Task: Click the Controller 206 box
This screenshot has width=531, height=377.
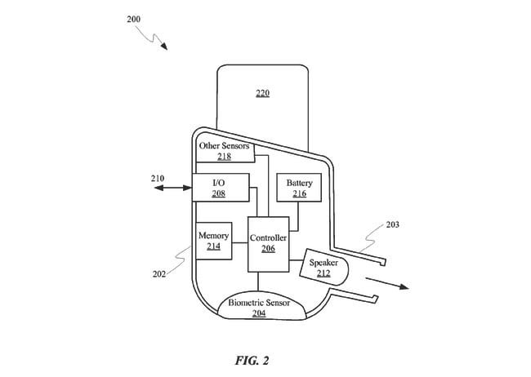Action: click(268, 244)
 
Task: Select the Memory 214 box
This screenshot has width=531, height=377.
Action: click(214, 241)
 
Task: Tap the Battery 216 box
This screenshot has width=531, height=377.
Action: click(299, 188)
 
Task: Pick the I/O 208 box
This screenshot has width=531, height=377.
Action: click(221, 188)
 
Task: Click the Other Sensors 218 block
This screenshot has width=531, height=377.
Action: click(225, 151)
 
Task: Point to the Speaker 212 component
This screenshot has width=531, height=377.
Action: click(324, 268)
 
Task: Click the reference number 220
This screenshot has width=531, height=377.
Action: click(263, 93)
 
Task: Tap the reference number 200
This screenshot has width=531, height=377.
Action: click(133, 19)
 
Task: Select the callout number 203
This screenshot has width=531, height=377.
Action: click(392, 224)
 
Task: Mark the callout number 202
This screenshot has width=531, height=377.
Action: click(159, 274)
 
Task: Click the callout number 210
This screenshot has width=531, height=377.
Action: click(158, 179)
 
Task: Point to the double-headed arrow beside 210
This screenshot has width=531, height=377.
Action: click(172, 188)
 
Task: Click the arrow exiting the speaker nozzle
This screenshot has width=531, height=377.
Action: click(387, 283)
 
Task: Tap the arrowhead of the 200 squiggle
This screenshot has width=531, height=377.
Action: click(164, 47)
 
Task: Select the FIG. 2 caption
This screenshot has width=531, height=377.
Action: click(252, 361)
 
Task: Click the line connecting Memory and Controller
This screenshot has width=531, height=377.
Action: click(240, 242)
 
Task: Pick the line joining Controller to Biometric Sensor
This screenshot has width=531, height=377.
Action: click(258, 282)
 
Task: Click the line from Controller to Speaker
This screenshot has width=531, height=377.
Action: click(296, 260)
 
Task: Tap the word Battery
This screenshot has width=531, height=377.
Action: click(299, 183)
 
